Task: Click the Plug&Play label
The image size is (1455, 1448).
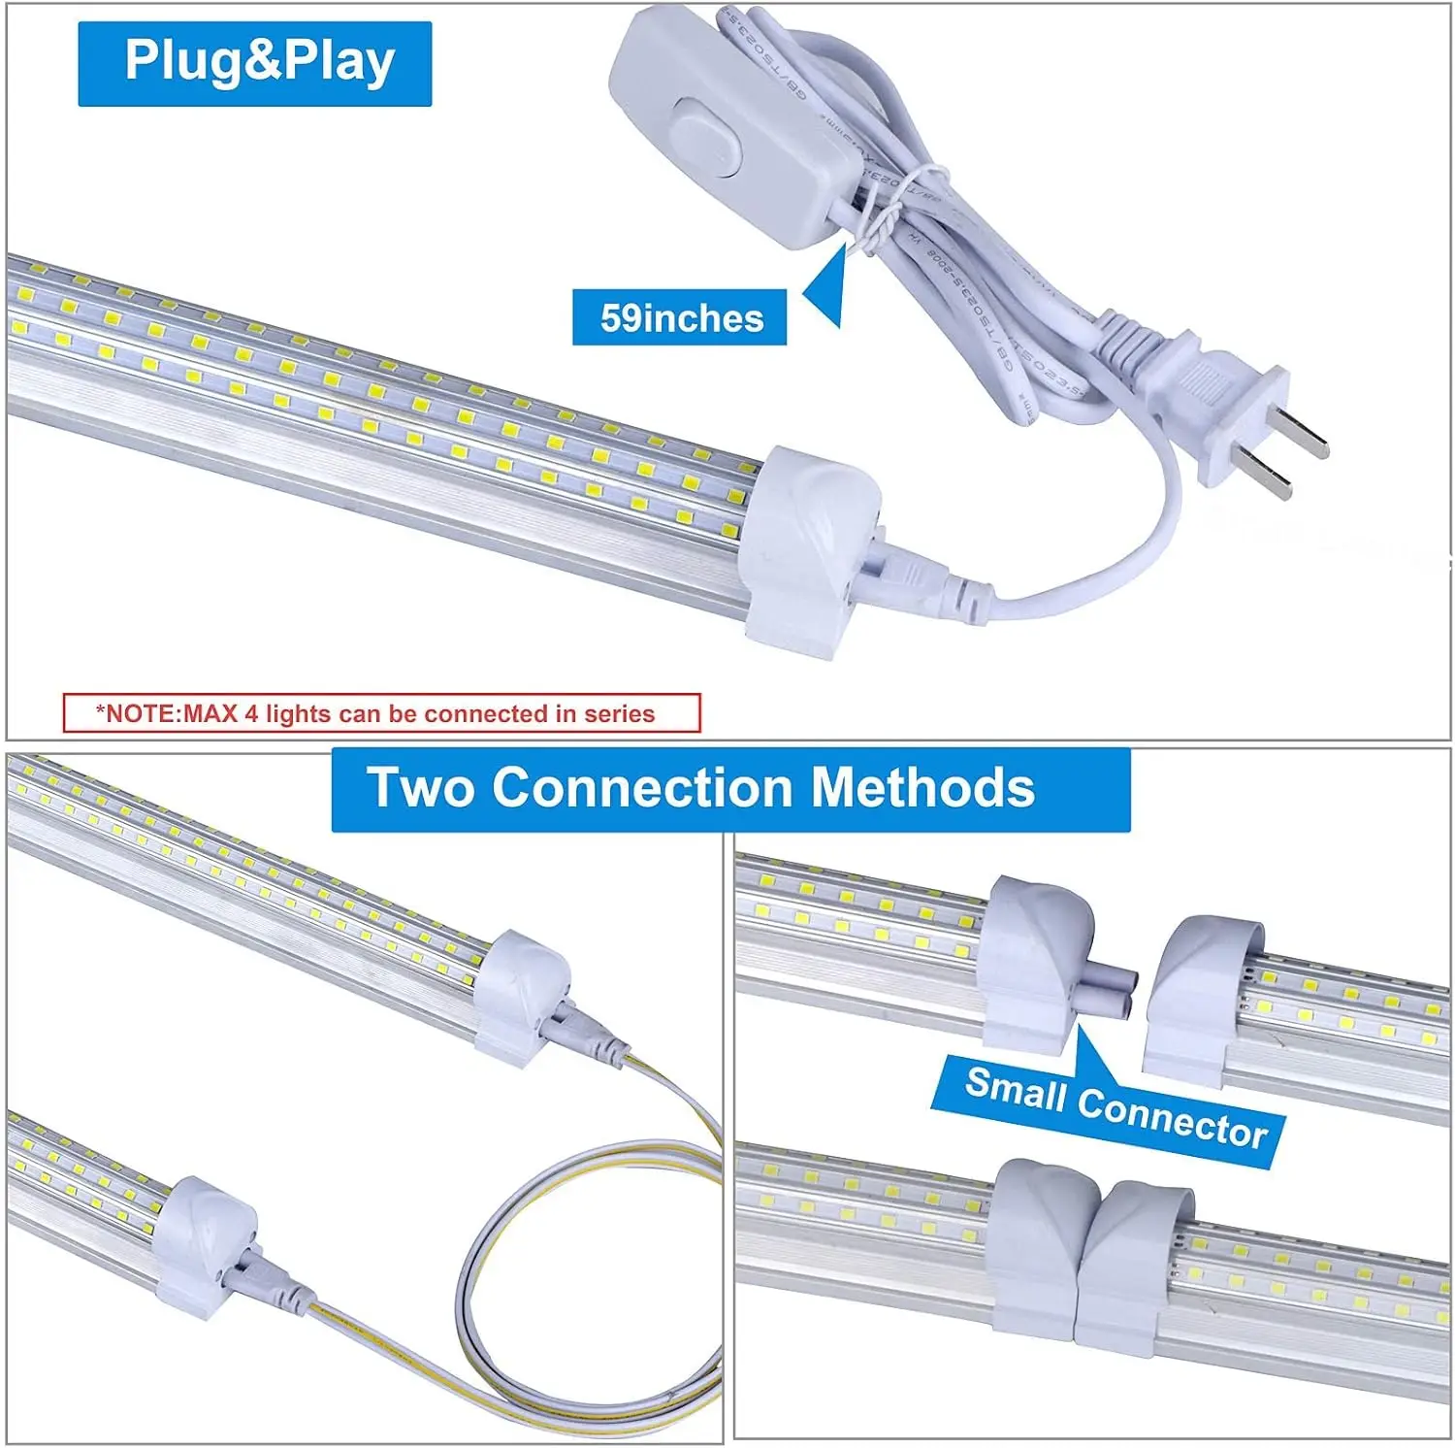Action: click(255, 63)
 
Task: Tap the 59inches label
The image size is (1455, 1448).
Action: click(680, 318)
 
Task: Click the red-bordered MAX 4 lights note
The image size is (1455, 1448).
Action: click(381, 713)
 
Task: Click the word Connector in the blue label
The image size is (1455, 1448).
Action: click(1172, 1118)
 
